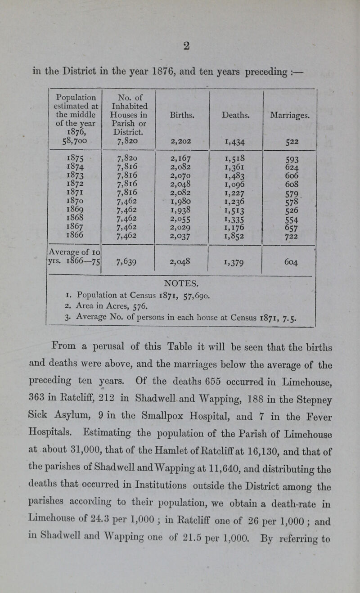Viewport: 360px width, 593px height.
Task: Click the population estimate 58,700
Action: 65,142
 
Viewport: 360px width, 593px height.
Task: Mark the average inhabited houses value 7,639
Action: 128,263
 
